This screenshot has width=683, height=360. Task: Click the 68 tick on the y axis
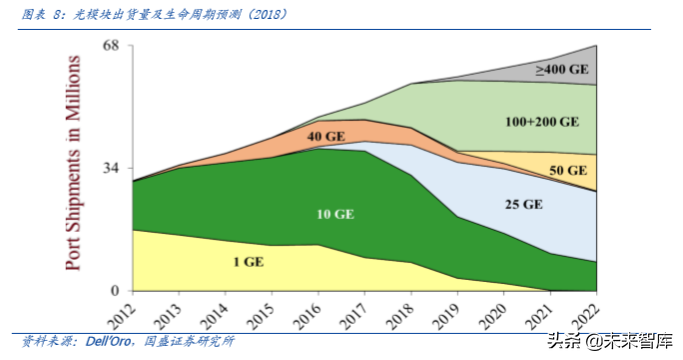click(110, 46)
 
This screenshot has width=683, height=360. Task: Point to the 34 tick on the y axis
click(110, 168)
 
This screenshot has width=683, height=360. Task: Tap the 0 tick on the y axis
click(115, 291)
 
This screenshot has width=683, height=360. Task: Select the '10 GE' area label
click(335, 214)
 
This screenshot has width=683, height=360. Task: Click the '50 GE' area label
click(568, 171)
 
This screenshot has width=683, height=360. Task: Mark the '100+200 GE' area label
click(543, 122)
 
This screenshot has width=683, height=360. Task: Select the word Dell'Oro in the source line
click(99, 340)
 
